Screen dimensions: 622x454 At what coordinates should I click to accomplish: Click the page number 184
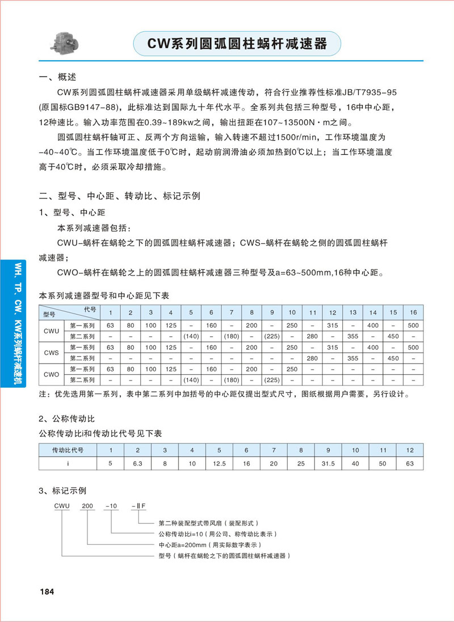46,591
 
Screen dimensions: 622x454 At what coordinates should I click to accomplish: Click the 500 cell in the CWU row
413,325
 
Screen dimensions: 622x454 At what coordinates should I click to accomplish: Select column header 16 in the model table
413,313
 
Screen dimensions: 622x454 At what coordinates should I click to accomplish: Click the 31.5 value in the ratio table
328,463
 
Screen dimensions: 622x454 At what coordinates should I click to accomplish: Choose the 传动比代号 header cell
68,450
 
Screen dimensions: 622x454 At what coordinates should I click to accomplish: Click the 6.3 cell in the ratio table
138,463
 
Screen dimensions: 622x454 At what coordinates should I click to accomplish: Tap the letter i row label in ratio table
68,463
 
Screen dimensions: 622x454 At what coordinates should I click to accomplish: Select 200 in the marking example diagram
88,505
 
